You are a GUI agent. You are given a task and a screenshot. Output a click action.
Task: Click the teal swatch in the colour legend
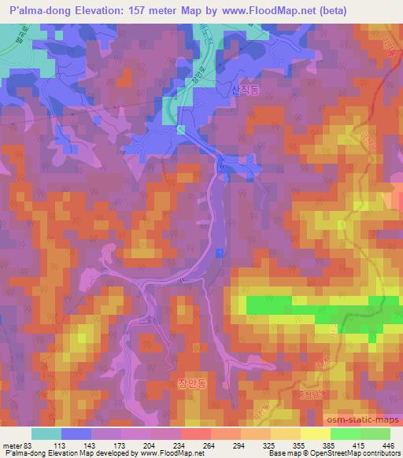(x=46, y=434)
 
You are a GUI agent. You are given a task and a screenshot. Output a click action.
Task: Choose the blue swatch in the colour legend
(x=76, y=434)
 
